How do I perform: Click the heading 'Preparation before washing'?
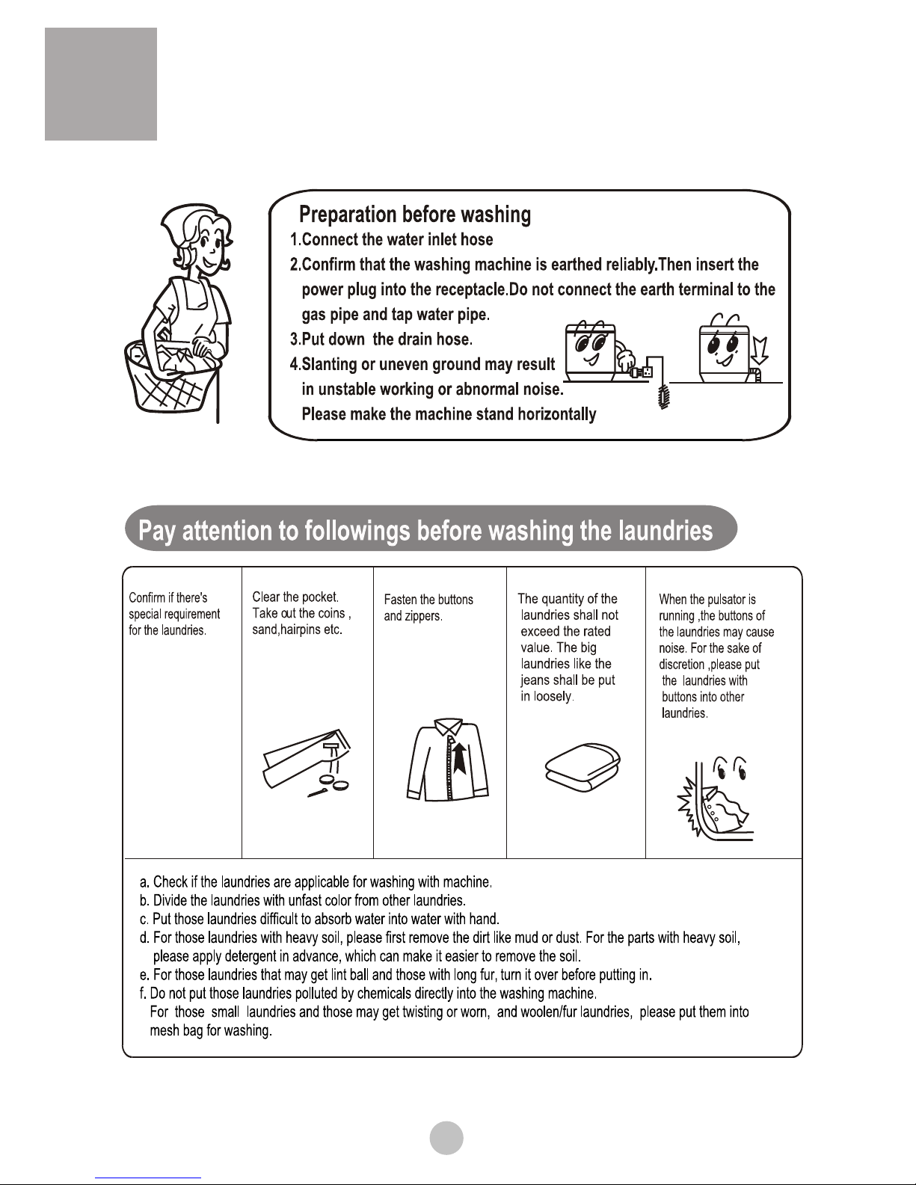[x=415, y=215]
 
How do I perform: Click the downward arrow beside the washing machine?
[x=760, y=350]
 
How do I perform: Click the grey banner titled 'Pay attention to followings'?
[x=431, y=529]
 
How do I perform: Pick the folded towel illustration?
[x=583, y=767]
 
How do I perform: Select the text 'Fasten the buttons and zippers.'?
[x=428, y=608]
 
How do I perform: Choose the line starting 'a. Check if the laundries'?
[x=316, y=881]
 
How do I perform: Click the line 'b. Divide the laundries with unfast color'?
[x=303, y=900]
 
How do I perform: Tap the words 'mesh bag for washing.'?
[x=211, y=1031]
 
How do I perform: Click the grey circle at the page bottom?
[x=446, y=1138]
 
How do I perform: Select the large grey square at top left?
[x=101, y=84]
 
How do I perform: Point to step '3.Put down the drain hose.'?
[x=381, y=339]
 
